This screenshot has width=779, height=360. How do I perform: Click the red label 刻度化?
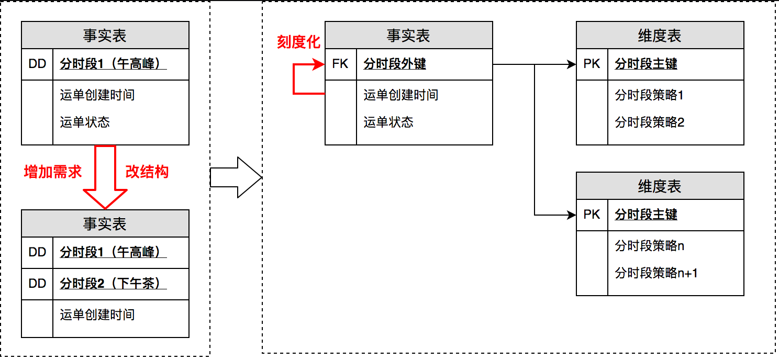coord(298,42)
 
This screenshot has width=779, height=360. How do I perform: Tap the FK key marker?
coord(340,64)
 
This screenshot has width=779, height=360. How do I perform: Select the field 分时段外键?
coord(395,64)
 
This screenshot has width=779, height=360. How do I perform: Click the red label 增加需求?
coord(53,172)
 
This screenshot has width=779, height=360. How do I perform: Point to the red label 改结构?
coord(147,172)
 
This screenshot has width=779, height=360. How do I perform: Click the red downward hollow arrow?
coord(105,175)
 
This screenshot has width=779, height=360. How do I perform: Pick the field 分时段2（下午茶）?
coord(113,284)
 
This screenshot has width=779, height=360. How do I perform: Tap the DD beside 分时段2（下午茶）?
coord(37,284)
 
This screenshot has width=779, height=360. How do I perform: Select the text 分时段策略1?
coord(649,95)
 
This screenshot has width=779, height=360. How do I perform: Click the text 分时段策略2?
coord(650,122)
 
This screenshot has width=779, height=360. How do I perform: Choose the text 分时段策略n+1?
coord(656,273)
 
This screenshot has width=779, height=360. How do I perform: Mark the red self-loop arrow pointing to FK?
coord(301,79)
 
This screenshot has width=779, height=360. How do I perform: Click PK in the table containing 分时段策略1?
coord(592,64)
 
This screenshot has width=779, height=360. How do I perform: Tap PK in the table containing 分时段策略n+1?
coord(592,215)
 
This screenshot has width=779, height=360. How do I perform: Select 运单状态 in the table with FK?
coord(388,122)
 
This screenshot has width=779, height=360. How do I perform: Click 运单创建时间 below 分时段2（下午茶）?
coord(97,314)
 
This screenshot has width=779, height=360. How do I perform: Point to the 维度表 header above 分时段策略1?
coord(660,36)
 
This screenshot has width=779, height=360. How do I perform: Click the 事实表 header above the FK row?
coord(408,36)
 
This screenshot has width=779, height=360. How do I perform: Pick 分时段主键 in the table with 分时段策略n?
coord(646,215)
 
